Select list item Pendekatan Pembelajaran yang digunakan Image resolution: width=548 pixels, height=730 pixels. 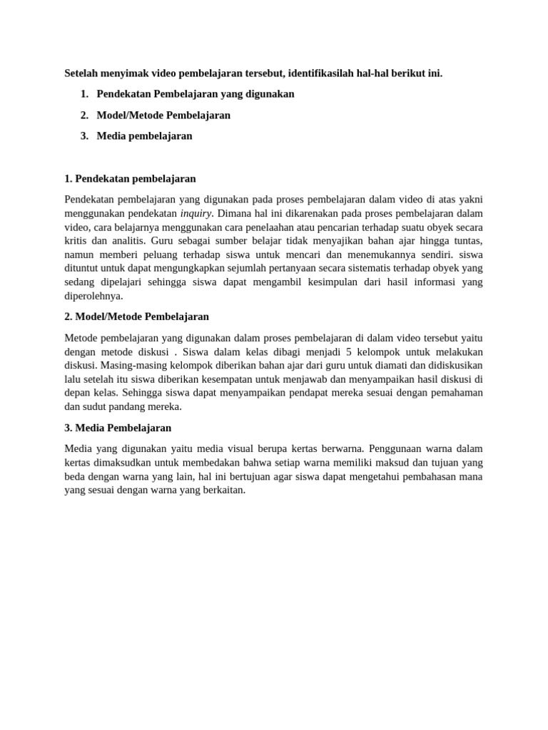pyautogui.click(x=195, y=94)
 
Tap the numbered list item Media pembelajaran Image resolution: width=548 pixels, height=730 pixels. pyautogui.click(x=144, y=135)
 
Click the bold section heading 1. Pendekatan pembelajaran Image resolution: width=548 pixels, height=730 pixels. pyautogui.click(x=130, y=178)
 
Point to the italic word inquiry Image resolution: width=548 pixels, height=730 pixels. pyautogui.click(x=196, y=213)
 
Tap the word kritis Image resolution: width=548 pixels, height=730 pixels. pyautogui.click(x=76, y=241)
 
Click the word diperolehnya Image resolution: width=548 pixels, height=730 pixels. pyautogui.click(x=93, y=296)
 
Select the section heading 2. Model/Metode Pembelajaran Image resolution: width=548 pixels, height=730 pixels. pyautogui.click(x=136, y=317)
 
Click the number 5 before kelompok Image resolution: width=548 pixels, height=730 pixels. pyautogui.click(x=348, y=352)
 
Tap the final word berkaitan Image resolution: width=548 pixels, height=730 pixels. pyautogui.click(x=221, y=490)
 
